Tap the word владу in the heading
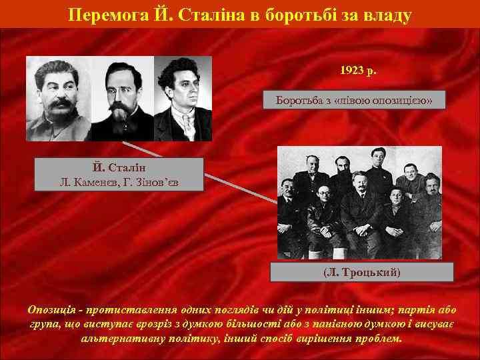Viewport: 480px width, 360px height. (386, 13)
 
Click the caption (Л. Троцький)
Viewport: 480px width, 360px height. (363, 273)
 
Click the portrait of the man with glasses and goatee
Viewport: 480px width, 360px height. (121, 98)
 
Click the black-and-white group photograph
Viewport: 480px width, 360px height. (359, 202)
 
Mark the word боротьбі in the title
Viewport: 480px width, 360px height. (277, 13)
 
